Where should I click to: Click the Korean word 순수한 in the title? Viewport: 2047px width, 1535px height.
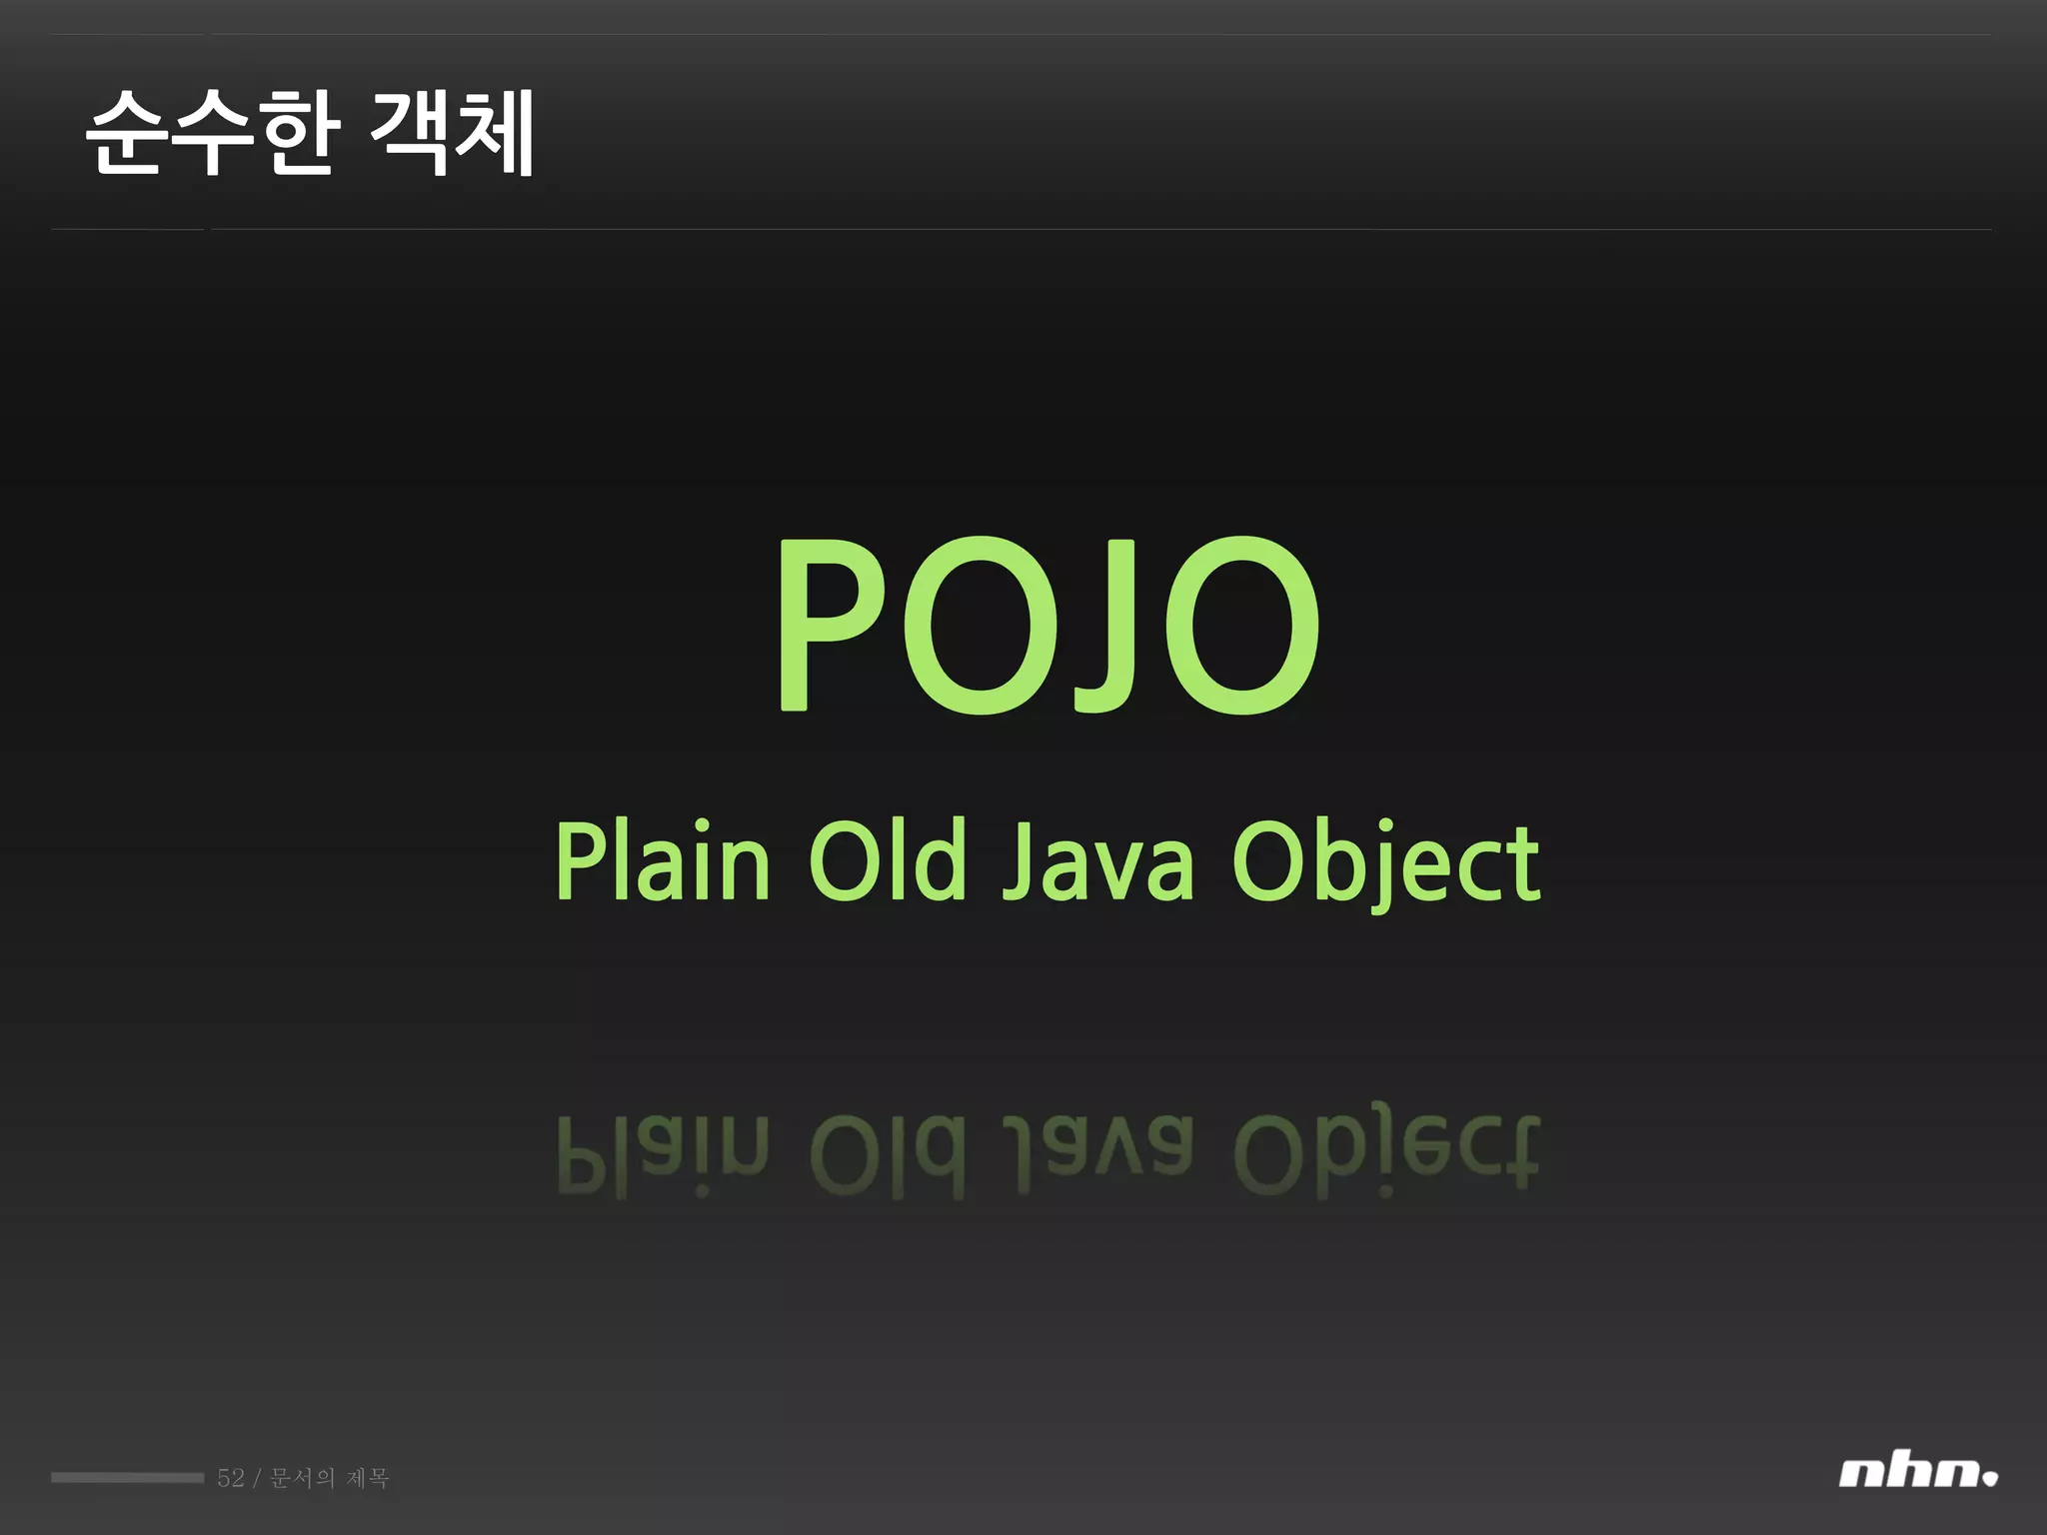[212, 133]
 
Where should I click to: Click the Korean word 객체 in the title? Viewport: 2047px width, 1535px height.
[452, 133]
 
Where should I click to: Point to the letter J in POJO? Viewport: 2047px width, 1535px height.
[1104, 627]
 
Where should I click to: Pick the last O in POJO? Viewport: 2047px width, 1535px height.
[1242, 627]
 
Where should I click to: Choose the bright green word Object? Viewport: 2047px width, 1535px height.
[1385, 863]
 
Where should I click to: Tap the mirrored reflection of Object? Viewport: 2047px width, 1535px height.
[1385, 1149]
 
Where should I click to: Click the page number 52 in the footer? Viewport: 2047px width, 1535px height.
[230, 1478]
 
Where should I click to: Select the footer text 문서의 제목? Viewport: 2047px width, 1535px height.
[330, 1478]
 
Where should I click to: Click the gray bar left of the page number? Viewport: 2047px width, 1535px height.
[127, 1478]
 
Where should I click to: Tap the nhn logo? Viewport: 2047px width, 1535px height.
[1909, 1473]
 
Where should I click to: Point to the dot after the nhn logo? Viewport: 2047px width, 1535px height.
[1990, 1477]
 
